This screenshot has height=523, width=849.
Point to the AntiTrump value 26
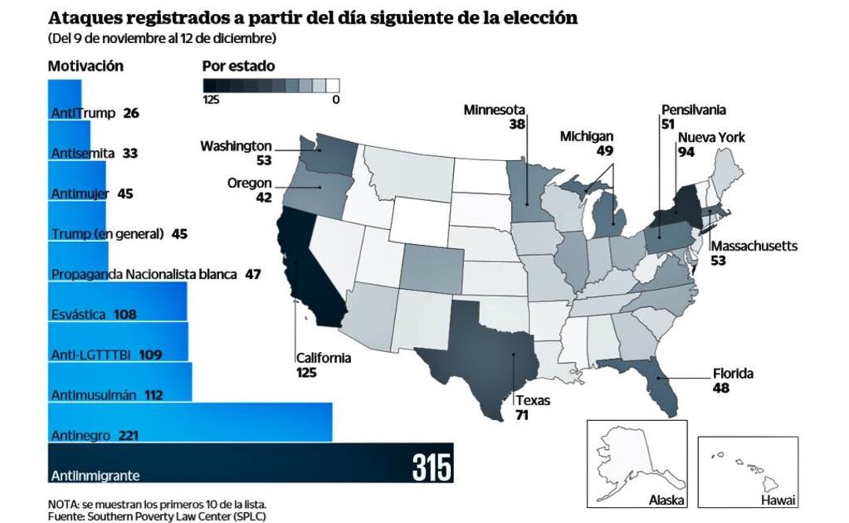coord(131,113)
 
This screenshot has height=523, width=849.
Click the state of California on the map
coord(310,267)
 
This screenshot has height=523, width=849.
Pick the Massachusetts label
coord(754,247)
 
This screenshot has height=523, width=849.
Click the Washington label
coord(236,146)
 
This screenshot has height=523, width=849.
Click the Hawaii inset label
coord(778,500)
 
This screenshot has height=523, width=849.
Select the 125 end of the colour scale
coord(210,100)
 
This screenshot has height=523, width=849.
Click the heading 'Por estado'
coord(238,67)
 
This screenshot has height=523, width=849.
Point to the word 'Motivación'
coord(86,67)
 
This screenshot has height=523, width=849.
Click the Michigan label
coord(587,137)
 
